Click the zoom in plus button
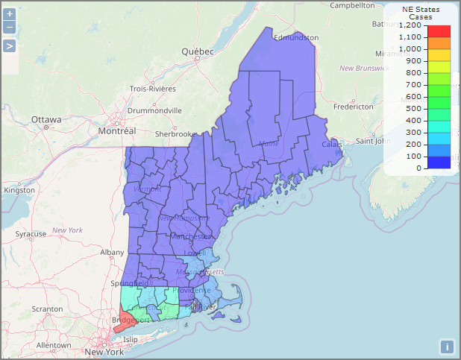[x=10, y=14]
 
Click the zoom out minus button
[x=10, y=28]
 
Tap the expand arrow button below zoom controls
[x=10, y=46]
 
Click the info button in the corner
[x=447, y=346]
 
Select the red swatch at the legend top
[x=439, y=31]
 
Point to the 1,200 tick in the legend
[x=410, y=25]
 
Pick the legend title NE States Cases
[x=421, y=13]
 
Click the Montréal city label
[x=117, y=130]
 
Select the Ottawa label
[x=46, y=119]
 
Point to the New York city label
[x=103, y=352]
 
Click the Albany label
[x=112, y=253]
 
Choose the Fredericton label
[x=353, y=107]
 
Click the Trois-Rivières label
[x=153, y=88]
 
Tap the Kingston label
[x=19, y=190]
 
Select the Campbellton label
[x=352, y=5]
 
